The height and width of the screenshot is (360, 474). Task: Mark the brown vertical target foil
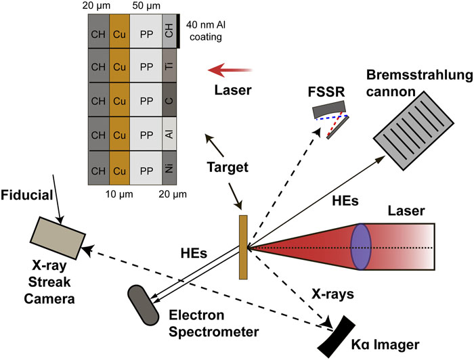pos(244,247)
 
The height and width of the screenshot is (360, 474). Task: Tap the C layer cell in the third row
pos(169,102)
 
